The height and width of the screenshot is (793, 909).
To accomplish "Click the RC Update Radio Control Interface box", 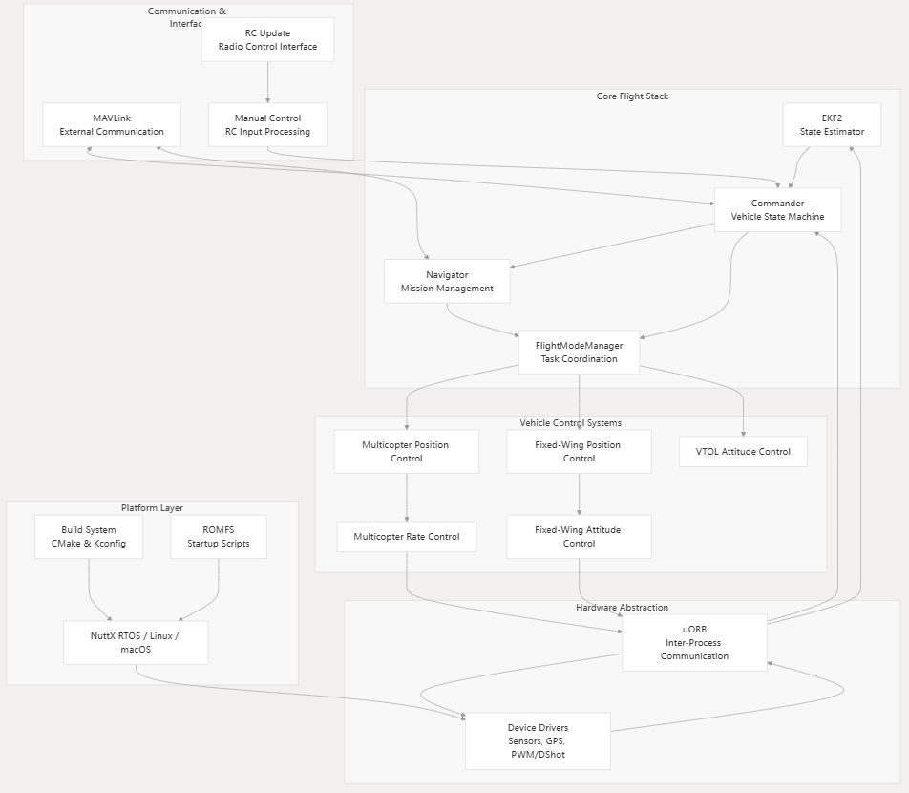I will (267, 39).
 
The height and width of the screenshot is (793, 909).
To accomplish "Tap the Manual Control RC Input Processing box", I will (267, 124).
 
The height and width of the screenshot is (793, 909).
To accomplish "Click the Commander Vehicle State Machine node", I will (777, 209).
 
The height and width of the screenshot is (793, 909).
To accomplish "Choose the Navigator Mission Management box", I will (447, 281).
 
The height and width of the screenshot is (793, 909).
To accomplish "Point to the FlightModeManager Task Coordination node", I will (579, 353).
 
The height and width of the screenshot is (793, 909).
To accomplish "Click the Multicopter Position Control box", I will (406, 451).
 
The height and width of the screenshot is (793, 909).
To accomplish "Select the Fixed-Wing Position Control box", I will (579, 451).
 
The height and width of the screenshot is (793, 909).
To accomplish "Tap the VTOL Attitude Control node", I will (743, 451).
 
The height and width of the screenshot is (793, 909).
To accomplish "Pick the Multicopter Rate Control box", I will (406, 536).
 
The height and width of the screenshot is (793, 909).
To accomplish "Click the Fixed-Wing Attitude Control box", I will (579, 536).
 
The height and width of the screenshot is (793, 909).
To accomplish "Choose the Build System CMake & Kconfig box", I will (89, 536).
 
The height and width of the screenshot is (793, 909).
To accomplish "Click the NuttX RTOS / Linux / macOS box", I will (136, 642).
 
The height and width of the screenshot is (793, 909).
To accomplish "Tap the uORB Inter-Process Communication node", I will (694, 642).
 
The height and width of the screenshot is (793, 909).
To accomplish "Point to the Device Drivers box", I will (538, 740).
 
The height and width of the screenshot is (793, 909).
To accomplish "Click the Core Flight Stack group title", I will (632, 96).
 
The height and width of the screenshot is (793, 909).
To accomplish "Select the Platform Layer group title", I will (152, 508).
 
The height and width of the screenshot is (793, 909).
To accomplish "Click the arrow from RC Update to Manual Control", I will (267, 82).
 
